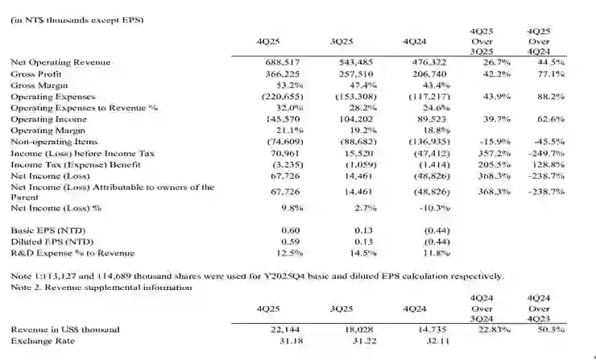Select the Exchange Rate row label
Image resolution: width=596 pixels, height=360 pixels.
36,341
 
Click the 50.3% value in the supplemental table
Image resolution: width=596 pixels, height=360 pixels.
551,329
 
